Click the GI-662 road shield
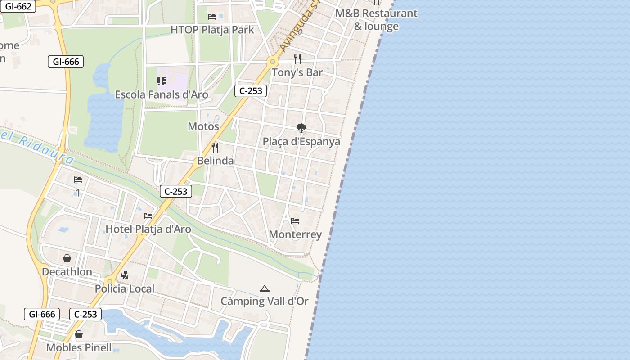[17, 6]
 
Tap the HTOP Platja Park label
[212, 30]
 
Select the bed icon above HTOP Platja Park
[212, 17]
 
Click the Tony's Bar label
[297, 72]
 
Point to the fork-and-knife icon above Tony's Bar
[297, 58]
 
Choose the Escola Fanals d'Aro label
[162, 94]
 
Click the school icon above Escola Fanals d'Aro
[162, 81]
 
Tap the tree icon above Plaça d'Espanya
[301, 128]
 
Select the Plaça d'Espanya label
[301, 141]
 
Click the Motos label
[203, 126]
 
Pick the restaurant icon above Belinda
[215, 147]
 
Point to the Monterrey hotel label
[295, 234]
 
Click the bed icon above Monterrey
[295, 221]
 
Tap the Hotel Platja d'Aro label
[148, 229]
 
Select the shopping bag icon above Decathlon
[67, 258]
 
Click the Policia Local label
[125, 288]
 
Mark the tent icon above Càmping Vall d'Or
[264, 288]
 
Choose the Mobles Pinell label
[79, 348]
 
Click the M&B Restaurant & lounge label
[377, 20]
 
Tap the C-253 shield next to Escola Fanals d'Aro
[251, 91]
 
